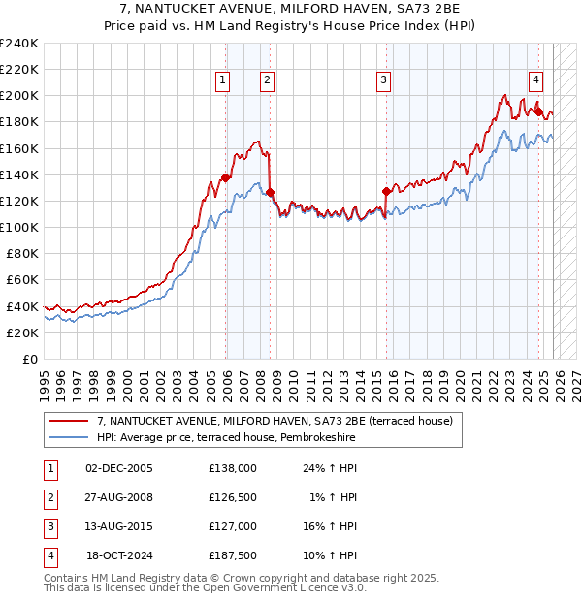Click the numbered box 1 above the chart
point(223,80)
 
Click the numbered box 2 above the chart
point(266,80)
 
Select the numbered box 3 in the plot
point(384,80)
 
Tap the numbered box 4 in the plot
point(535,80)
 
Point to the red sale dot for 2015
point(386,191)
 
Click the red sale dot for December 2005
point(226,177)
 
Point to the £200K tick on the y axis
point(19,96)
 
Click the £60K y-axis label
point(22,279)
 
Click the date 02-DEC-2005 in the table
point(118,467)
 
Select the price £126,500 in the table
point(232,497)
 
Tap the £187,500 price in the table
point(232,556)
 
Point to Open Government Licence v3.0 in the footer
point(281,587)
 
